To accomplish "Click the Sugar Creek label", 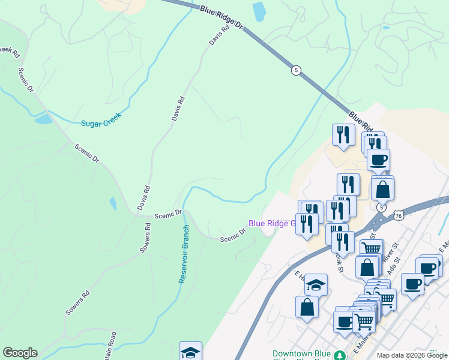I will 101,119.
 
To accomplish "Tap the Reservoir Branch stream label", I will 184,254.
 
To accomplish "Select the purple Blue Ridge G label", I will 273,223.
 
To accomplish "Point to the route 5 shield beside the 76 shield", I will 381,207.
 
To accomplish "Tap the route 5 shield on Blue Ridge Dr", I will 296,70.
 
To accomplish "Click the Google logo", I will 20,353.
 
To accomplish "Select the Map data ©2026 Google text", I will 411,355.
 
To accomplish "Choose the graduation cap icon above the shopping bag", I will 316,284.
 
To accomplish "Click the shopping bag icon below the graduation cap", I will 307,307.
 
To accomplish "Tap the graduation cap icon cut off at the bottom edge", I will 190,352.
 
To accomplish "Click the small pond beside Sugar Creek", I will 43,118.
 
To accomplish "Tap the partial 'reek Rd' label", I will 10,52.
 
